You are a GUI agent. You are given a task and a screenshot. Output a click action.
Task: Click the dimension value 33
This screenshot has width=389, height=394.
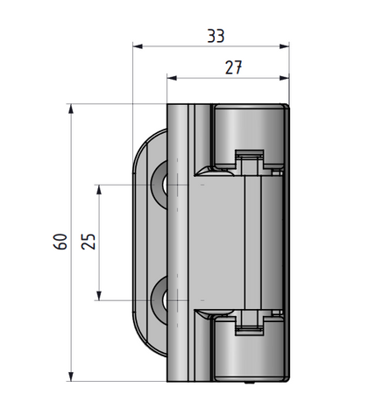[x=214, y=36]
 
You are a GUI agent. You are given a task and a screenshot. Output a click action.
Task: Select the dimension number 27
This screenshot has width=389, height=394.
[x=231, y=67]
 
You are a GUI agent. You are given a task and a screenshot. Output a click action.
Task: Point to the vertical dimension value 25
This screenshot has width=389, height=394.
[x=88, y=242]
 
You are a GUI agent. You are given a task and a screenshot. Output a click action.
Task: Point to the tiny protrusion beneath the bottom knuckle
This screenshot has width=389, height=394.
[x=251, y=382]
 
